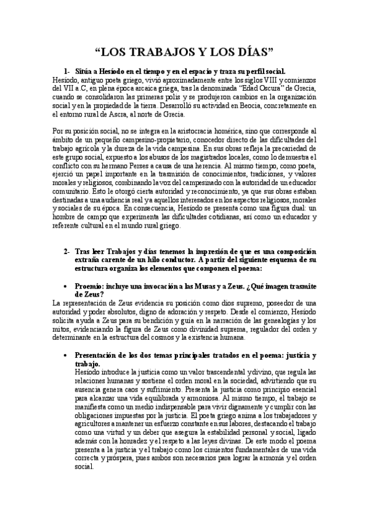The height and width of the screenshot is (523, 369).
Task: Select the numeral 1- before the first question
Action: pos(68,71)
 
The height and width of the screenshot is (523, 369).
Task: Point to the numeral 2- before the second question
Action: pos(68,252)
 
